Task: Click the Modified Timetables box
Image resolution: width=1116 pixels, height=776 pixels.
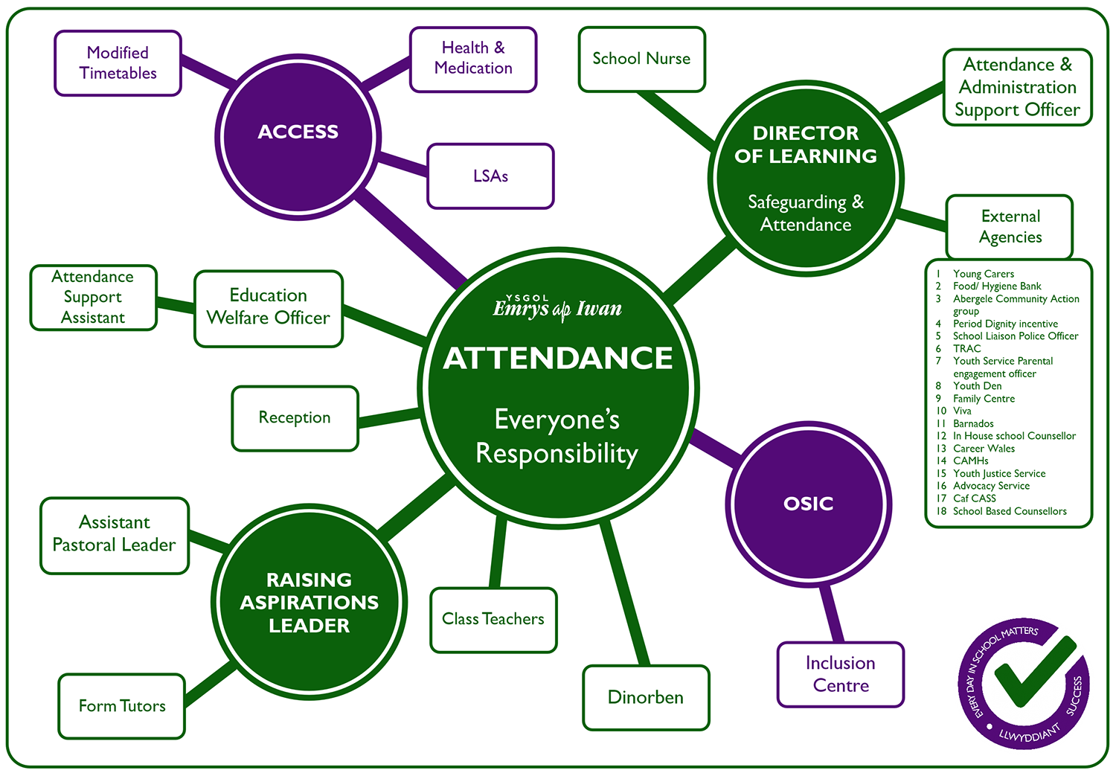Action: click(x=118, y=63)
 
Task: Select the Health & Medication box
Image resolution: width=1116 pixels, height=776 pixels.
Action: click(x=473, y=59)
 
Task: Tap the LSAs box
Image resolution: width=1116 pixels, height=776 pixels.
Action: click(x=490, y=176)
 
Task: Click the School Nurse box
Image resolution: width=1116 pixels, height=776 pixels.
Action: click(x=641, y=59)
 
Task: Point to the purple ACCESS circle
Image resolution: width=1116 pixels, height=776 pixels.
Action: click(x=298, y=134)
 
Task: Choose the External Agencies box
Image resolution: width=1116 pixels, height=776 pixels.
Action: click(x=1010, y=227)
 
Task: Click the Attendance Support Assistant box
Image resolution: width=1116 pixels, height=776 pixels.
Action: click(x=93, y=298)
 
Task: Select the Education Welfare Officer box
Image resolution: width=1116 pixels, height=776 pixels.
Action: click(x=268, y=307)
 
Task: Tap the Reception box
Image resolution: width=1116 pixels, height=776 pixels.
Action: click(x=295, y=418)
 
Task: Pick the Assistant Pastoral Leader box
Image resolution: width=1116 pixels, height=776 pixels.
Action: click(x=115, y=535)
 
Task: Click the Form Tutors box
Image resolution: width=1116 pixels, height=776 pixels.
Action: click(x=122, y=706)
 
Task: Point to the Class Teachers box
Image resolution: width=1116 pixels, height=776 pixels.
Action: click(x=493, y=620)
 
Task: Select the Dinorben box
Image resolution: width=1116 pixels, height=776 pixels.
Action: click(x=646, y=697)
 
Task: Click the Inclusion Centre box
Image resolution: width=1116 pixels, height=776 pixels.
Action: click(x=841, y=674)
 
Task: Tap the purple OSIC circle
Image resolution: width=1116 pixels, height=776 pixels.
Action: click(x=809, y=504)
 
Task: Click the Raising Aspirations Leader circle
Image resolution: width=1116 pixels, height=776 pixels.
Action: click(x=310, y=603)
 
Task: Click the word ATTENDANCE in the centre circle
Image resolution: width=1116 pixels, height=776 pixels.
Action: click(x=558, y=359)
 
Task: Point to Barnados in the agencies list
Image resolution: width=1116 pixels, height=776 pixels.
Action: click(x=973, y=423)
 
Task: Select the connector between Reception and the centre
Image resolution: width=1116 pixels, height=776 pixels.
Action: click(x=389, y=418)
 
